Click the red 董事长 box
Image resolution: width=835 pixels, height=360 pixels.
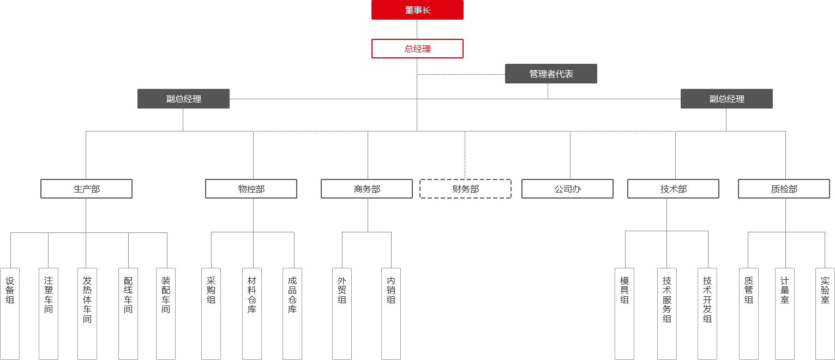417,10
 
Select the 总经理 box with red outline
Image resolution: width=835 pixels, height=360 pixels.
417,49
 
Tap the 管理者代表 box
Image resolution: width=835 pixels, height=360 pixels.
551,74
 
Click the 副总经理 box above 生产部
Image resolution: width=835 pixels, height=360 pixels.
183,99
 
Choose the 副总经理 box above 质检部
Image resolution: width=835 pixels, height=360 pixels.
726,99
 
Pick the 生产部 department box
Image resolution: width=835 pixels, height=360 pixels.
86,189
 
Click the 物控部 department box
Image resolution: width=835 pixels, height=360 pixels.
251,189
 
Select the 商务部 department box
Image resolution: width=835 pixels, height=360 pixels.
367,189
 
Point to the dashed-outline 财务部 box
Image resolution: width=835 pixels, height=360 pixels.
465,189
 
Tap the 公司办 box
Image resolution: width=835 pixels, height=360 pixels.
567,189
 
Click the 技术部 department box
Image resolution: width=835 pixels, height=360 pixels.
673,189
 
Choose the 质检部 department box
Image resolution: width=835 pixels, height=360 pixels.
784,189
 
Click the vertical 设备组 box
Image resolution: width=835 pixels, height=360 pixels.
10,314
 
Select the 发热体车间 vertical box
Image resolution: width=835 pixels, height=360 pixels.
87,314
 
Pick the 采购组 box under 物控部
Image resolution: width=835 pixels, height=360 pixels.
211,314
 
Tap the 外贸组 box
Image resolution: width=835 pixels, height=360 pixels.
342,314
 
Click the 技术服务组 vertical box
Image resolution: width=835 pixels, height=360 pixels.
667,314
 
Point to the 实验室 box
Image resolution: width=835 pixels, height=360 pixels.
825,314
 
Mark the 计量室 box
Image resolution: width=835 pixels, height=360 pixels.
785,314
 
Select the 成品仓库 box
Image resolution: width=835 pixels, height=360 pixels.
292,314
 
